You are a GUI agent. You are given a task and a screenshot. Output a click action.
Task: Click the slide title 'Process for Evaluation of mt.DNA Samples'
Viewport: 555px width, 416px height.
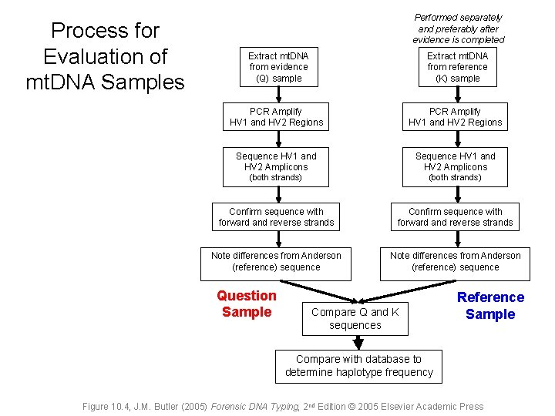click(x=105, y=56)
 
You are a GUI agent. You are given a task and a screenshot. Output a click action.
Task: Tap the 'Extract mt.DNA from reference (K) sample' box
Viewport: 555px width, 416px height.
click(x=457, y=67)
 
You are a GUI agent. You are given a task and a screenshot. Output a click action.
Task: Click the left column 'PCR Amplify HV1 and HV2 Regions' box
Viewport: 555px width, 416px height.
click(x=276, y=117)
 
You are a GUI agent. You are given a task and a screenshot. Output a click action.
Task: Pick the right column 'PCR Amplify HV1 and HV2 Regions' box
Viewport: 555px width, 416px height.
click(x=455, y=117)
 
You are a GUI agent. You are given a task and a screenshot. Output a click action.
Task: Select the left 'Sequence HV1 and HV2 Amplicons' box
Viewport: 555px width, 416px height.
click(x=276, y=166)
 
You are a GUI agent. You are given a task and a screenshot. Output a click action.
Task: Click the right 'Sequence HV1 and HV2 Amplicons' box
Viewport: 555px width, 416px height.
click(x=455, y=166)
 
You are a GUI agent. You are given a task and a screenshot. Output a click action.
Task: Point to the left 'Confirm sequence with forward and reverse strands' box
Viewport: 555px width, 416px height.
click(x=276, y=217)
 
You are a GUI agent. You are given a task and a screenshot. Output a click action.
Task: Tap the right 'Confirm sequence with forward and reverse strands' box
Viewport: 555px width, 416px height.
click(x=455, y=217)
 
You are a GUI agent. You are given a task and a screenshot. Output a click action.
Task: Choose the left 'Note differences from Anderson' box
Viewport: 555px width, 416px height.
click(x=276, y=262)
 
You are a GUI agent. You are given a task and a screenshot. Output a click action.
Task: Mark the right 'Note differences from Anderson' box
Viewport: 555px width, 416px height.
click(x=455, y=262)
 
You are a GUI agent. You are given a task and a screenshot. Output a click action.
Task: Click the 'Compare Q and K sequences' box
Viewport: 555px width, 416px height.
click(x=355, y=318)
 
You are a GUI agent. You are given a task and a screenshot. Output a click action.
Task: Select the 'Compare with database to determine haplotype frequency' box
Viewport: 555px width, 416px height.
click(x=358, y=366)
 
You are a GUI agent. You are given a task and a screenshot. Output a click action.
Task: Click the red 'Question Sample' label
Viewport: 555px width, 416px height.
click(x=247, y=304)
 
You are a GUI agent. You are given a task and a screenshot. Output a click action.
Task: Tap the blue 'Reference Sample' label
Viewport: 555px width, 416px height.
click(x=490, y=305)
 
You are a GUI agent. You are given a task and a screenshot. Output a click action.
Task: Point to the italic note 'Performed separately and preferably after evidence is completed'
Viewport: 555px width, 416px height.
click(x=458, y=29)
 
